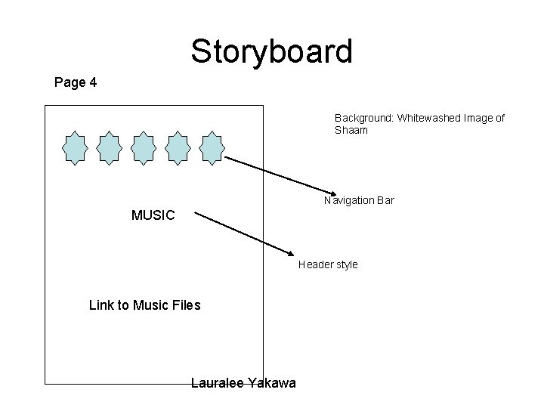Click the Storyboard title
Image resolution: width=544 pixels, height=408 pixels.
pos(271,51)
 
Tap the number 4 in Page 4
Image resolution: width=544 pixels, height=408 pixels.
pos(92,82)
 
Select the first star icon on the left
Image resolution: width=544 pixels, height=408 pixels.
pos(75,148)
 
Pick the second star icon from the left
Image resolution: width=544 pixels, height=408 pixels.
pos(110,148)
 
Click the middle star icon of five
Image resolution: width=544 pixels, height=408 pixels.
pos(144,148)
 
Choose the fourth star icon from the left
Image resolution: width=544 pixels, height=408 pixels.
pos(178,148)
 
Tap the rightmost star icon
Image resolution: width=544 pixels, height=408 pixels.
pos(212,148)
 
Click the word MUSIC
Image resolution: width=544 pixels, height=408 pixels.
pos(153,215)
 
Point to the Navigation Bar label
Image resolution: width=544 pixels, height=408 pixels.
pos(359,200)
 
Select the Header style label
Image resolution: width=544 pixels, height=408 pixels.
pos(328,264)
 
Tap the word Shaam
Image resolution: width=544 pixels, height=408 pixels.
pos(351,130)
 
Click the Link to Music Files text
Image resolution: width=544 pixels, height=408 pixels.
pos(144,305)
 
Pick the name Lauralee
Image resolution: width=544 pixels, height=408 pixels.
pos(218,384)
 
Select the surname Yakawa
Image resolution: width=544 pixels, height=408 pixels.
pos(272,384)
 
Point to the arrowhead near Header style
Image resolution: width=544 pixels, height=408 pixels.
pos(292,253)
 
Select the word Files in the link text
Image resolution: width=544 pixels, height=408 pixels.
pos(187,305)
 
